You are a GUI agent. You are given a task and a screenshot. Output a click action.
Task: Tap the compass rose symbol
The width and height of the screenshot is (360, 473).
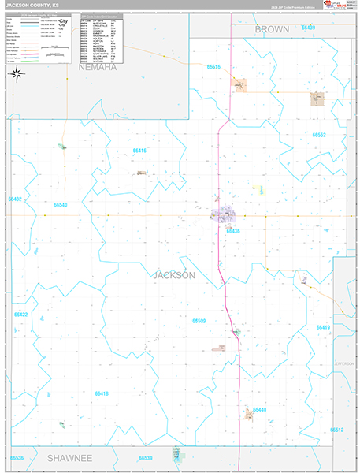click(17, 73)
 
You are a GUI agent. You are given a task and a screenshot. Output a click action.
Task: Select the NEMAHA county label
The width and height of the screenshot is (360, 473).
click(98, 68)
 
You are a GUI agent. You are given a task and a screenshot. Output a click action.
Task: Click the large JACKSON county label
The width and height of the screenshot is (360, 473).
click(172, 275)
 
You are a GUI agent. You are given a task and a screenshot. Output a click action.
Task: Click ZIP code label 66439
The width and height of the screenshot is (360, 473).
click(307, 28)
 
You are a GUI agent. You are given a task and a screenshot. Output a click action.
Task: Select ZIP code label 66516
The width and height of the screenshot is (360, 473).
click(213, 68)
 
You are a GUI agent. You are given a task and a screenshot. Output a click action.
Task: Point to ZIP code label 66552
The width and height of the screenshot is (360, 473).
click(319, 135)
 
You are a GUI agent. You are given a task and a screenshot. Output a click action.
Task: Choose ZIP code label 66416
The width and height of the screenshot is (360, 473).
click(140, 150)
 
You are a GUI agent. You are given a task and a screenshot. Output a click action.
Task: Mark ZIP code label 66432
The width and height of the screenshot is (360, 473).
click(14, 199)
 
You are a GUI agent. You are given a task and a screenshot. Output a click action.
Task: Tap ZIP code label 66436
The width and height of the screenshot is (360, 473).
click(232, 231)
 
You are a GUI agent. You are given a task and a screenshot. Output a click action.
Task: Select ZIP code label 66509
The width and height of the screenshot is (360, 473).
click(199, 321)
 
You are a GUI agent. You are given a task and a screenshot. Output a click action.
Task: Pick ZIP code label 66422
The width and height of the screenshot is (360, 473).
click(21, 315)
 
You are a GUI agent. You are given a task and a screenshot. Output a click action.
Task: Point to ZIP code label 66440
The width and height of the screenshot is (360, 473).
click(260, 410)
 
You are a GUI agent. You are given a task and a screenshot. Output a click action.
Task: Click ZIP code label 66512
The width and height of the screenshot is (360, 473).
click(337, 430)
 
